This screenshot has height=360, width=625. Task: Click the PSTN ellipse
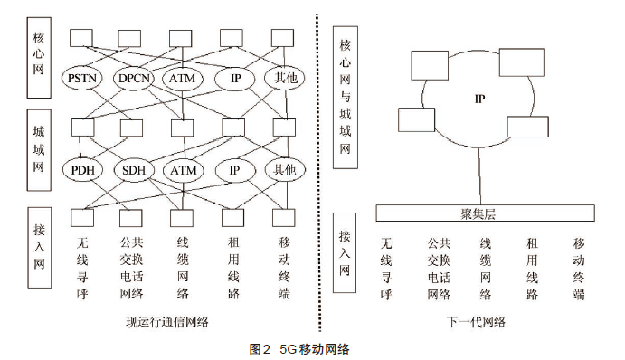pyautogui.click(x=86, y=78)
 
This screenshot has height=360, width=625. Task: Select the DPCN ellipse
pyautogui.click(x=136, y=78)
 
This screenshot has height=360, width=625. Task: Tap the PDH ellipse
pyautogui.click(x=86, y=170)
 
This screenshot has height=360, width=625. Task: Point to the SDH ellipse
pyautogui.click(x=136, y=170)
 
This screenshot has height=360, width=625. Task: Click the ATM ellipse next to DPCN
pyautogui.click(x=185, y=78)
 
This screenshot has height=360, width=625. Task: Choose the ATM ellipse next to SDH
pyautogui.click(x=185, y=170)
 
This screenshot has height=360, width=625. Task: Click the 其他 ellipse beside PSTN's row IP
pyautogui.click(x=284, y=78)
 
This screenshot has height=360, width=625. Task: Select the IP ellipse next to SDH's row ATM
pyautogui.click(x=234, y=170)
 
